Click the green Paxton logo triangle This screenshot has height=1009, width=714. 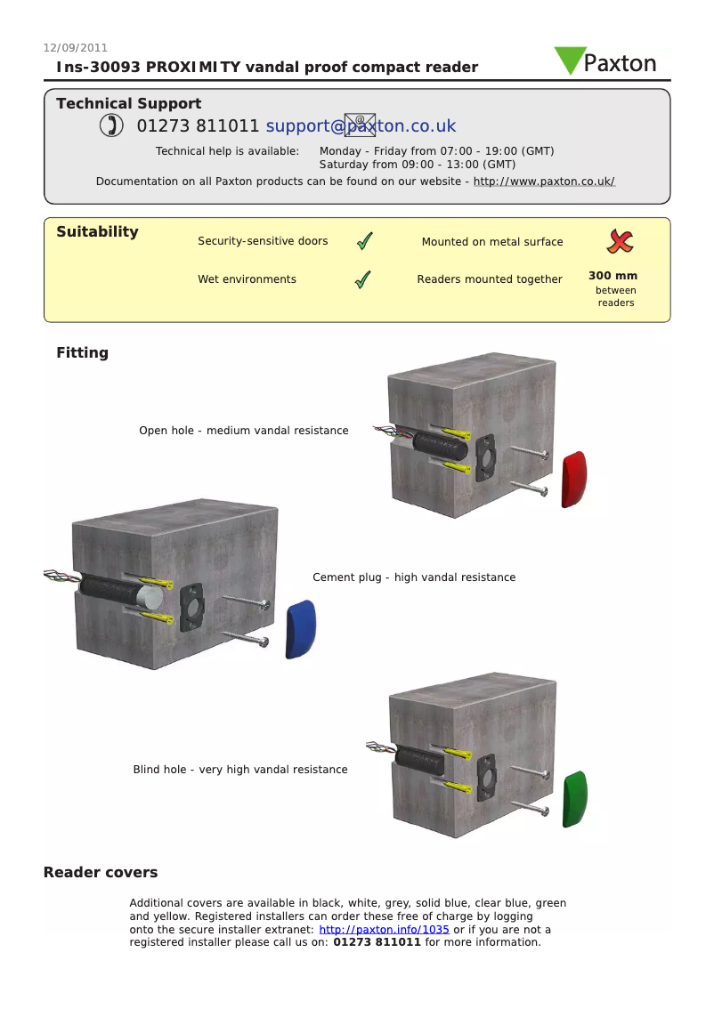coord(569,59)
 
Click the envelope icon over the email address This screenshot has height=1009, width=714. coord(359,125)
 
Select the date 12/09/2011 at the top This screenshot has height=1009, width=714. coord(76,48)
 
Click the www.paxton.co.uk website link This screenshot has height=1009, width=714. coord(543,182)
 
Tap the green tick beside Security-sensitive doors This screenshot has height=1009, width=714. coord(363,241)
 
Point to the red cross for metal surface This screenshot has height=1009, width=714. coord(620,240)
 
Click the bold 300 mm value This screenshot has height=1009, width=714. coord(613,276)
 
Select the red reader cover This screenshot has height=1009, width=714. coord(574,479)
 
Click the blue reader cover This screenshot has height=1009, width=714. coord(300,628)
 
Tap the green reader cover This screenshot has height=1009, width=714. coord(575,798)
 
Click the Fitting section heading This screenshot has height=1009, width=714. coord(82,353)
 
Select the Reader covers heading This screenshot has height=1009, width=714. coord(101,873)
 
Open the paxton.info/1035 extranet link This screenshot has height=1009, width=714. coord(384,930)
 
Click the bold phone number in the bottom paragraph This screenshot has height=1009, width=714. coord(377,942)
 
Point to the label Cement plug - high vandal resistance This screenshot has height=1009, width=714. coord(414,577)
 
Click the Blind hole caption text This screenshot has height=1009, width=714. coord(240,770)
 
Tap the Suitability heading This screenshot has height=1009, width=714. coord(97,232)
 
